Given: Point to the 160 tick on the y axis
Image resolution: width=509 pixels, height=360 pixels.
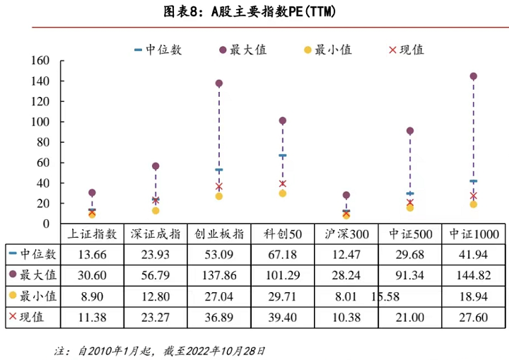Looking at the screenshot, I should pyautogui.click(x=40, y=61).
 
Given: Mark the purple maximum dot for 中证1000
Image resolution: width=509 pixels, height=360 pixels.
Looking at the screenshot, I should pyautogui.click(x=473, y=76).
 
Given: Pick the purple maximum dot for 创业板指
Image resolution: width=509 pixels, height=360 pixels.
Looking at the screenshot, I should pyautogui.click(x=219, y=83).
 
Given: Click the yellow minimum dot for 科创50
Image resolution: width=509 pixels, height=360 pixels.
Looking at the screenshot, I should pyautogui.click(x=283, y=193).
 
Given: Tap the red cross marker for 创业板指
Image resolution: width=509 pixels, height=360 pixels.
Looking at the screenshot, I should pyautogui.click(x=219, y=187).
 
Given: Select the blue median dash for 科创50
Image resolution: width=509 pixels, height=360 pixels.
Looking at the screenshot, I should pyautogui.click(x=283, y=156).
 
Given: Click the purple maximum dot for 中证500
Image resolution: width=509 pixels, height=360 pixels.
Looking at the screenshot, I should pyautogui.click(x=410, y=131).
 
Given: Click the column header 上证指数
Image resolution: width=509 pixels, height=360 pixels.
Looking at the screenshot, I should pyautogui.click(x=92, y=234).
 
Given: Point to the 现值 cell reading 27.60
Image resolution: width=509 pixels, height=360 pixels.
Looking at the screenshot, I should pyautogui.click(x=473, y=316).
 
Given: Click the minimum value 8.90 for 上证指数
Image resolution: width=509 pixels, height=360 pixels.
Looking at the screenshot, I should pyautogui.click(x=92, y=296).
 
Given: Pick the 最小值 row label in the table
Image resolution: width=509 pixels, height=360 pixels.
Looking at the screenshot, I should pyautogui.click(x=35, y=296).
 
